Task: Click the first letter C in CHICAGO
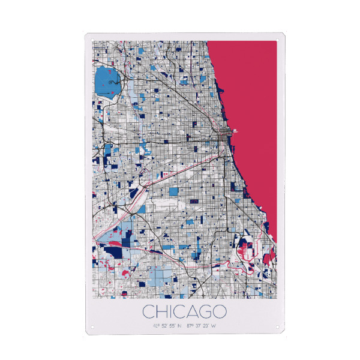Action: tap(148, 311)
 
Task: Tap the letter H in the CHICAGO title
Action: tap(162, 311)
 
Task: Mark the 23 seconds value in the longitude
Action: tap(206, 326)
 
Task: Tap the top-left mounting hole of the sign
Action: tap(89, 37)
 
